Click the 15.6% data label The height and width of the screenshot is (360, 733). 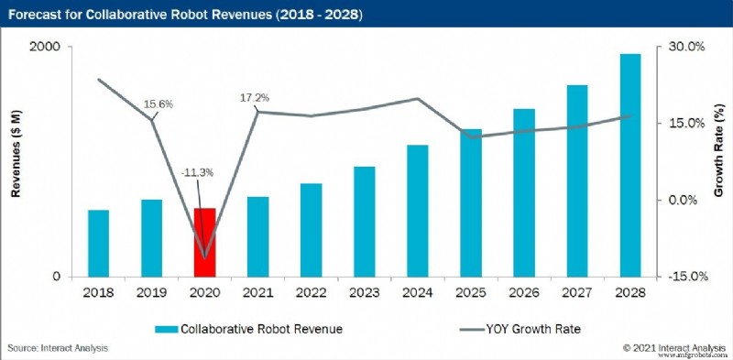159,104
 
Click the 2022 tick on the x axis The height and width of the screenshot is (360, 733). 312,292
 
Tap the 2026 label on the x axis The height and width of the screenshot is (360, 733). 524,292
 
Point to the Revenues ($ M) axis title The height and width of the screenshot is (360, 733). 16,162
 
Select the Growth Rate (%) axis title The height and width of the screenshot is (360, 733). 719,162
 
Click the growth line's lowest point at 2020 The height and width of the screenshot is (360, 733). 204,257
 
